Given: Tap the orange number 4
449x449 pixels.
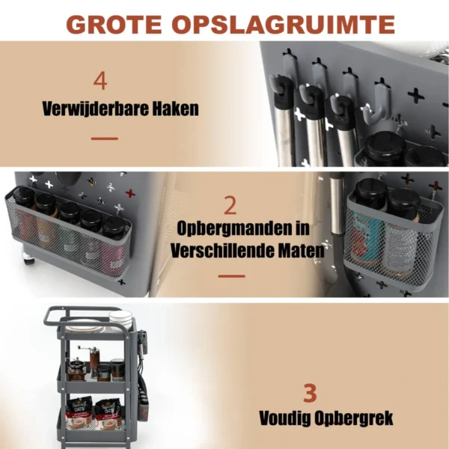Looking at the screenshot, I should click(x=100, y=81).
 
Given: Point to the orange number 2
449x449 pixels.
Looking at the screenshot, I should click(x=230, y=206).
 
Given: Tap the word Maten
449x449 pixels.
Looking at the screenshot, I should click(x=299, y=250).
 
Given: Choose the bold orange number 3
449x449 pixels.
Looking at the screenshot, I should click(x=310, y=393).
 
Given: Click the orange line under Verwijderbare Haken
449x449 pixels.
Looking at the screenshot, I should click(x=104, y=138).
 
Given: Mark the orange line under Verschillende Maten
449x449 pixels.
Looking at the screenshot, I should click(x=231, y=276).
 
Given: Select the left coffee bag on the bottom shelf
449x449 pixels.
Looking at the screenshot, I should click(x=79, y=411).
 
